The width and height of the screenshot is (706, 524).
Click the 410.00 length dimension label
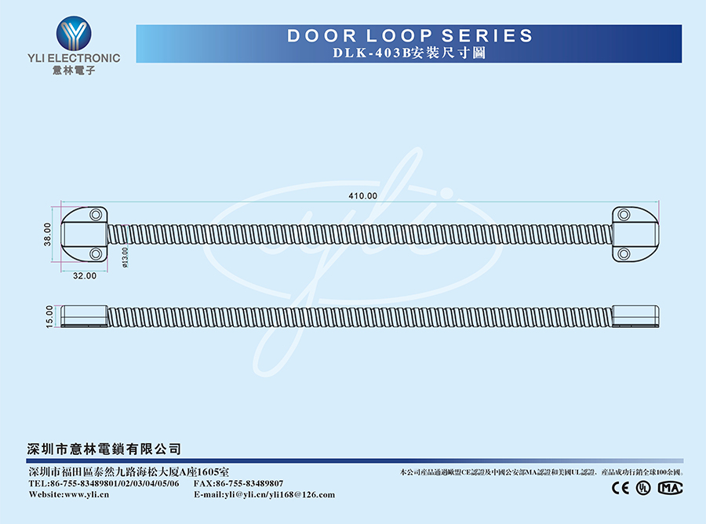pyautogui.click(x=362, y=196)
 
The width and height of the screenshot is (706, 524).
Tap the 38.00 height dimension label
pyautogui.click(x=47, y=234)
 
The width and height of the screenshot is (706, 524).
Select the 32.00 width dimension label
pyautogui.click(x=85, y=276)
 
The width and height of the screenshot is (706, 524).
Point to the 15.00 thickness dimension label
pyautogui.click(x=49, y=316)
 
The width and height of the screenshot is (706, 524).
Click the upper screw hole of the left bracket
pyautogui.click(x=96, y=214)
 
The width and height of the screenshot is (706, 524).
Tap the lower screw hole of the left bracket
pyautogui.click(x=96, y=253)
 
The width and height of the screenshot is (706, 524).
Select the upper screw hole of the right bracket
pyautogui.click(x=624, y=214)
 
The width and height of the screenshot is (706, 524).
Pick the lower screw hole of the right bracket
pyautogui.click(x=624, y=253)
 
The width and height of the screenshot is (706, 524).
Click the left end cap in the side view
pyautogui.click(x=84, y=316)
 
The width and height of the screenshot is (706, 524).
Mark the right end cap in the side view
pyautogui.click(x=635, y=316)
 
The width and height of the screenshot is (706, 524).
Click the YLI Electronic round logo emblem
pyautogui.click(x=74, y=33)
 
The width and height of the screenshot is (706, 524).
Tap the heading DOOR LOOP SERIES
pyautogui.click(x=409, y=36)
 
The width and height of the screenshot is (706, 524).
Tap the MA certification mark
pyautogui.click(x=670, y=488)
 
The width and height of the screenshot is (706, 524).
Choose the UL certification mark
pyautogui.click(x=643, y=488)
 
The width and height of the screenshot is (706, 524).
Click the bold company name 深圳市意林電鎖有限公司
pyautogui.click(x=104, y=449)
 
